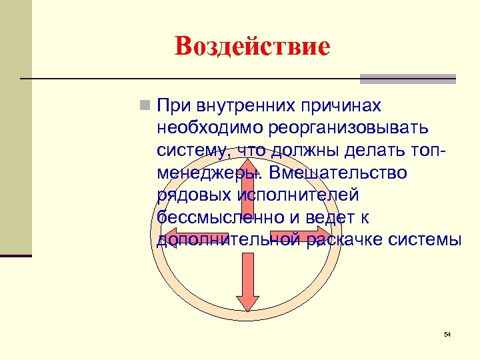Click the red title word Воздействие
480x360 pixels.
(x=252, y=46)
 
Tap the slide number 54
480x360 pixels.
(x=447, y=333)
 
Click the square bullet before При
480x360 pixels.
(x=144, y=105)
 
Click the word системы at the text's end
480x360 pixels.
(x=427, y=240)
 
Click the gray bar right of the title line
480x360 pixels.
(x=407, y=79)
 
